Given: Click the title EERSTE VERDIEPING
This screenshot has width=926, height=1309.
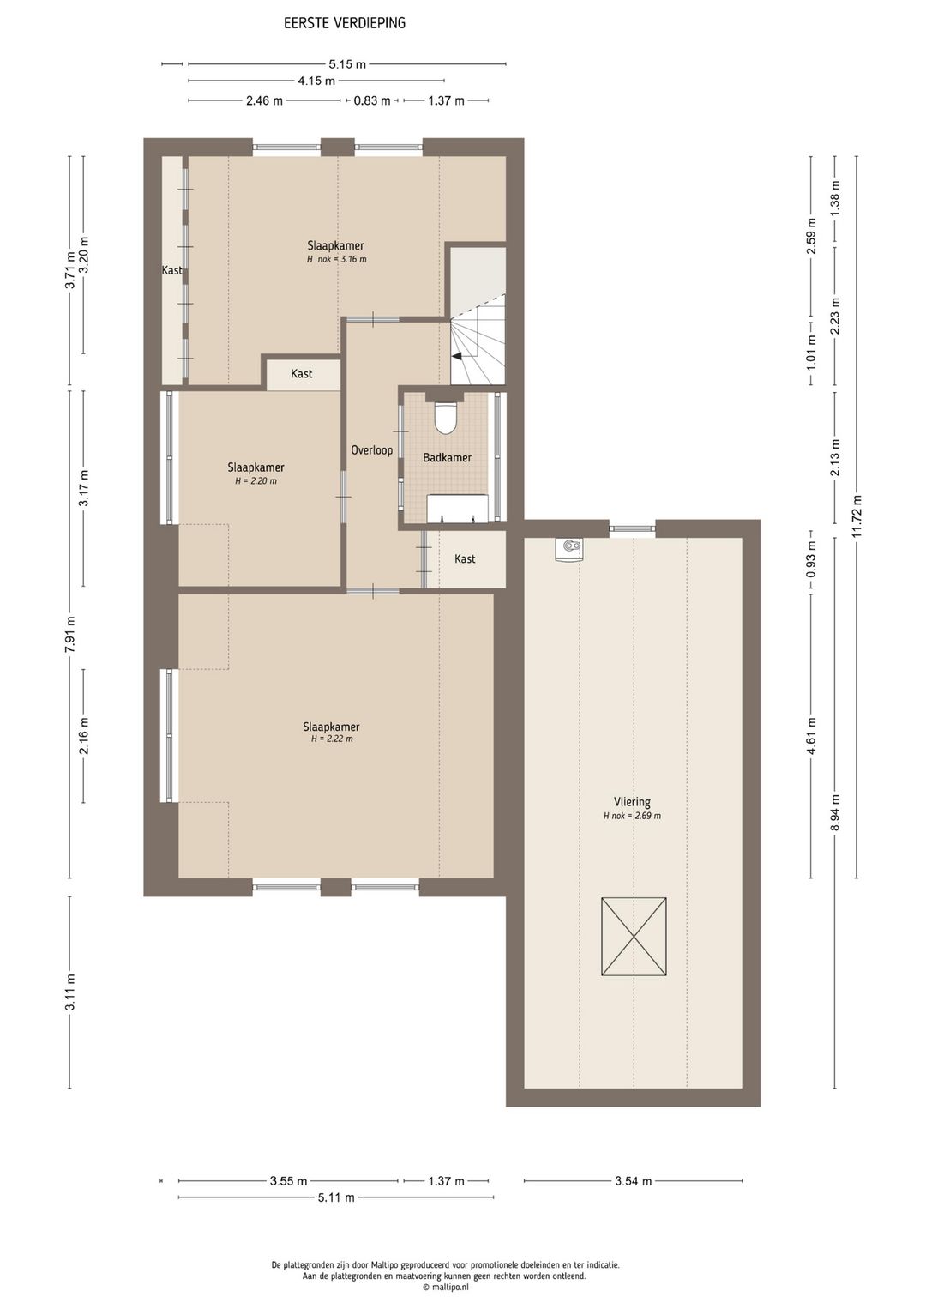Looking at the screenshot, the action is [345, 23].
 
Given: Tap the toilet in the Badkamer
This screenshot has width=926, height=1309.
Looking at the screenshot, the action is [445, 417].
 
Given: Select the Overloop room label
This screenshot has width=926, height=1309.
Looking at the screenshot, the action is [371, 450].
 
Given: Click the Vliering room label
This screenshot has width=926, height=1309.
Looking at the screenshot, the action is [632, 802].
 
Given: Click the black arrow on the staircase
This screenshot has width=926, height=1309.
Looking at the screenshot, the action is [457, 355].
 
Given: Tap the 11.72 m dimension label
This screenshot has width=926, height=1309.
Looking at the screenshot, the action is [857, 516].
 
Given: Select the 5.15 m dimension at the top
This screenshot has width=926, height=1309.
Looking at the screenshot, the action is [347, 64].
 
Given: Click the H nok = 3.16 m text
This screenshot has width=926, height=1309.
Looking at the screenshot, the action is [336, 259].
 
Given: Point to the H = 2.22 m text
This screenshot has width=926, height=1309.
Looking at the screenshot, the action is [332, 739].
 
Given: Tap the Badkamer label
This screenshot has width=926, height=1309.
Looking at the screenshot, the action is [447, 457].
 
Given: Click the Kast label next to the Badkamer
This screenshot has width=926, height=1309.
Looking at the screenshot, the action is [465, 558].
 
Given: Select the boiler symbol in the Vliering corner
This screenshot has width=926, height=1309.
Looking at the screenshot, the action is [569, 549].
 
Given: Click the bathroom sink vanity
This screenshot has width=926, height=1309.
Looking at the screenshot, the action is [458, 508].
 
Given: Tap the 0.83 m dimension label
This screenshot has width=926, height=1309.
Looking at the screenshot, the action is [372, 100].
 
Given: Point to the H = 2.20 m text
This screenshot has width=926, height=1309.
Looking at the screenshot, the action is [256, 481].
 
